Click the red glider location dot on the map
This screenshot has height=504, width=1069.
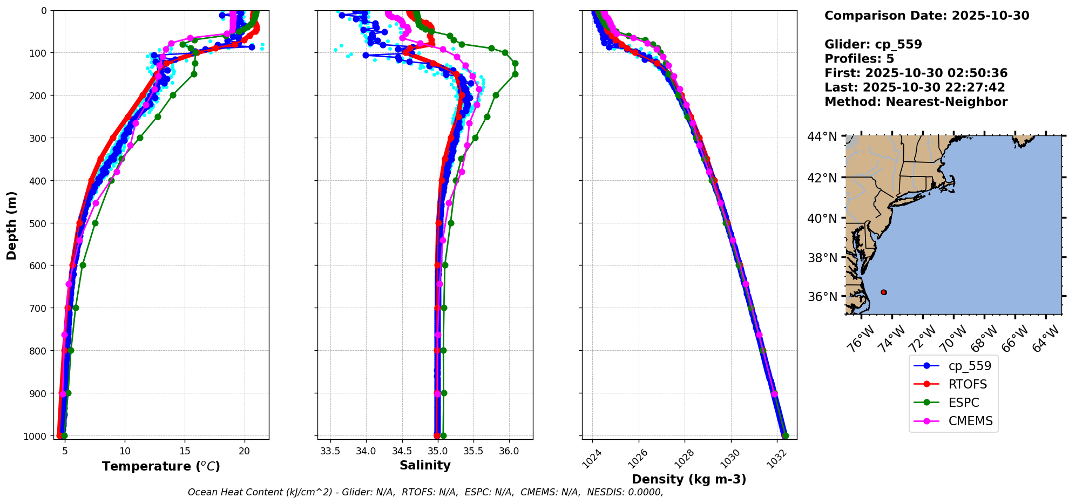pyautogui.click(x=884, y=292)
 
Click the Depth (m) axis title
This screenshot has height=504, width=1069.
pyautogui.click(x=12, y=225)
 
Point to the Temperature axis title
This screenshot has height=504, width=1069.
pyautogui.click(x=161, y=466)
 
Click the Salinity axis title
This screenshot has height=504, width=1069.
pyautogui.click(x=425, y=465)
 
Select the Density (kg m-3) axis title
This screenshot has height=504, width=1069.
pyautogui.click(x=689, y=479)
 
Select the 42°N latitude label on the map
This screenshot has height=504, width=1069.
pyautogui.click(x=822, y=178)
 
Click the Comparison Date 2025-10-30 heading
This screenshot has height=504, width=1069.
pyautogui.click(x=926, y=16)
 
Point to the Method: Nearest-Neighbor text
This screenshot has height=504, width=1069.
pyautogui.click(x=916, y=102)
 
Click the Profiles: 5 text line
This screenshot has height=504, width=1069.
pyautogui.click(x=859, y=59)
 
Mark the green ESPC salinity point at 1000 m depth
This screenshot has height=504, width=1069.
pyautogui.click(x=443, y=435)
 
